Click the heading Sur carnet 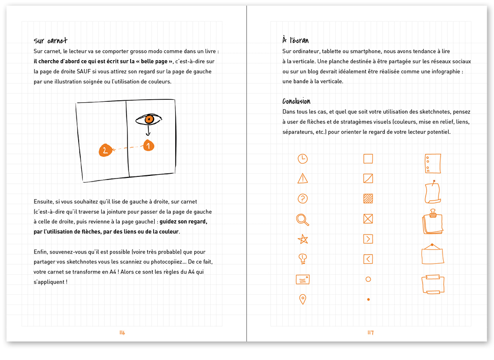click(50, 41)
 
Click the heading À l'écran click(296, 40)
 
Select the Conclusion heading click(296, 101)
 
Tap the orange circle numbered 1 click(148, 146)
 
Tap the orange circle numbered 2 click(105, 150)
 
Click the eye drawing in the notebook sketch click(149, 120)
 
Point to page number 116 click(122, 333)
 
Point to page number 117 click(370, 333)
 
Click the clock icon click(303, 158)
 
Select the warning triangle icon click(303, 178)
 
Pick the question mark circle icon click(303, 199)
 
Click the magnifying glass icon click(303, 220)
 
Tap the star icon click(303, 239)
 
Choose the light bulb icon click(303, 259)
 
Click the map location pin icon click(303, 299)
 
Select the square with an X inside click(368, 219)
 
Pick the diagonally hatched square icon click(368, 199)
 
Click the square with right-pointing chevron click(368, 239)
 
